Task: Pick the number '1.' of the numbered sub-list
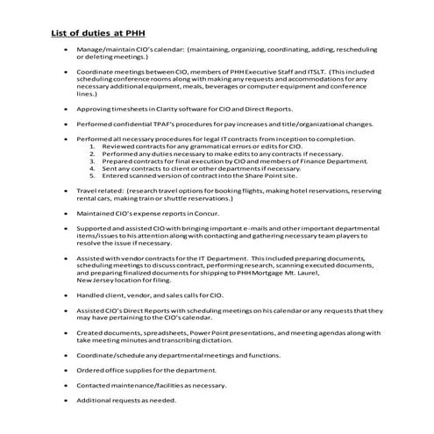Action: pos(94,146)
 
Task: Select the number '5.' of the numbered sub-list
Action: pos(94,176)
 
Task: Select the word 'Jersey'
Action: pos(103,281)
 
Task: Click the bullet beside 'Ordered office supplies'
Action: pos(66,370)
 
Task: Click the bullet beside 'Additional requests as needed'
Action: pos(66,400)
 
